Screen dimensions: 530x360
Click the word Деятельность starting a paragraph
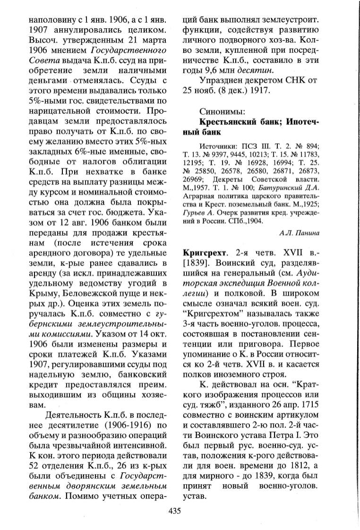point(67,415)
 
